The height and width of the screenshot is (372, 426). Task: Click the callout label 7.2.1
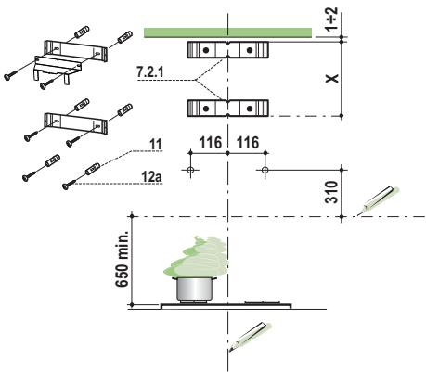pyautogui.click(x=149, y=72)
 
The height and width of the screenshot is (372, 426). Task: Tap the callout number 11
pyautogui.click(x=156, y=144)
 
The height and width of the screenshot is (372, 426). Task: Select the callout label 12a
pyautogui.click(x=152, y=177)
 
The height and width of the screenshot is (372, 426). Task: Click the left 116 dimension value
pyautogui.click(x=211, y=143)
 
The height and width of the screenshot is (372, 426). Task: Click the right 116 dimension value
pyautogui.click(x=248, y=143)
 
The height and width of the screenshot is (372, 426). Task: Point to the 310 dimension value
pyautogui.click(x=331, y=192)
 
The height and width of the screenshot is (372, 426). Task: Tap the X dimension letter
pyautogui.click(x=332, y=79)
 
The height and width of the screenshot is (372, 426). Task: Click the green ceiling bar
pyautogui.click(x=227, y=32)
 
